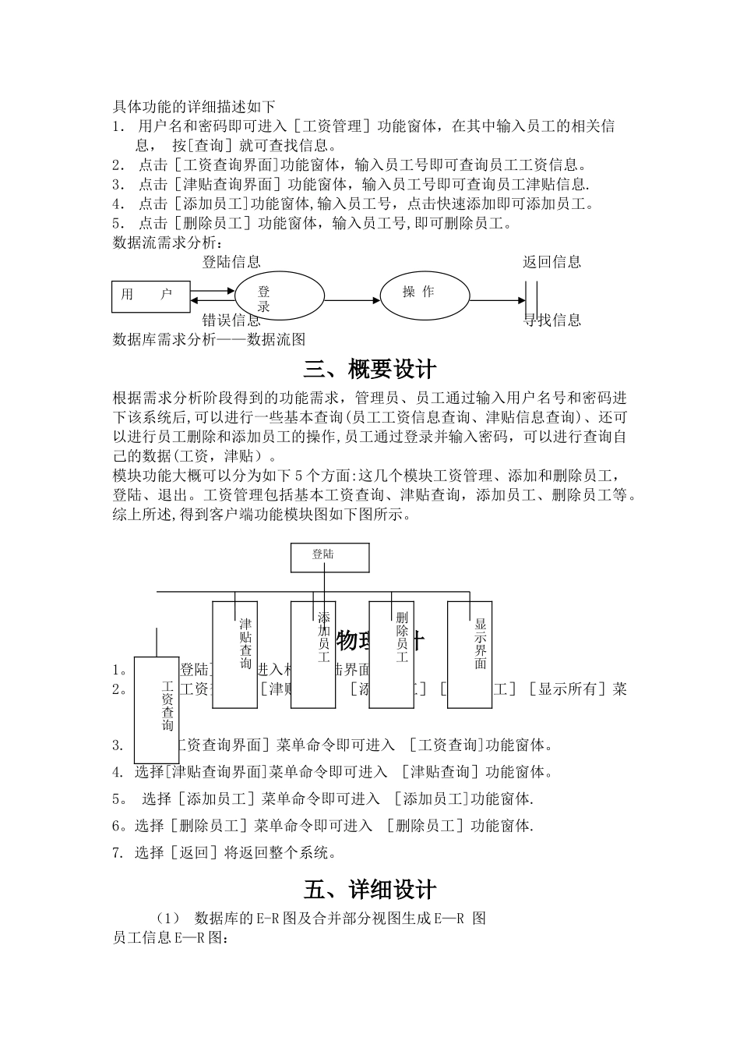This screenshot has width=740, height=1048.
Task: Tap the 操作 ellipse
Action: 425,293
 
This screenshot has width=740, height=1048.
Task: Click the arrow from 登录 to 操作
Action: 351,300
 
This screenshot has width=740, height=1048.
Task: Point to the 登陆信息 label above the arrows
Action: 231,262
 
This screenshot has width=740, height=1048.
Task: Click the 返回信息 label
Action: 551,262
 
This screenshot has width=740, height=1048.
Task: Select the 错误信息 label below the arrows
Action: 231,320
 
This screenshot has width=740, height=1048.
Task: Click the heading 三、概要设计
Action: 370,368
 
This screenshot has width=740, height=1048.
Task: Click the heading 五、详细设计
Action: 370,890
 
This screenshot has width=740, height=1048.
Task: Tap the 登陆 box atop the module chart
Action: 329,557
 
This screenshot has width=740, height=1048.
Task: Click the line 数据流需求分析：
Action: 167,243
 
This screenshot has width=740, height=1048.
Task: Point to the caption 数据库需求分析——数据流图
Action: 209,339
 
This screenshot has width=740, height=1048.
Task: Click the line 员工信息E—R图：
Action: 171,938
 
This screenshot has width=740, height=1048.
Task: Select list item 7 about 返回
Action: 224,852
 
